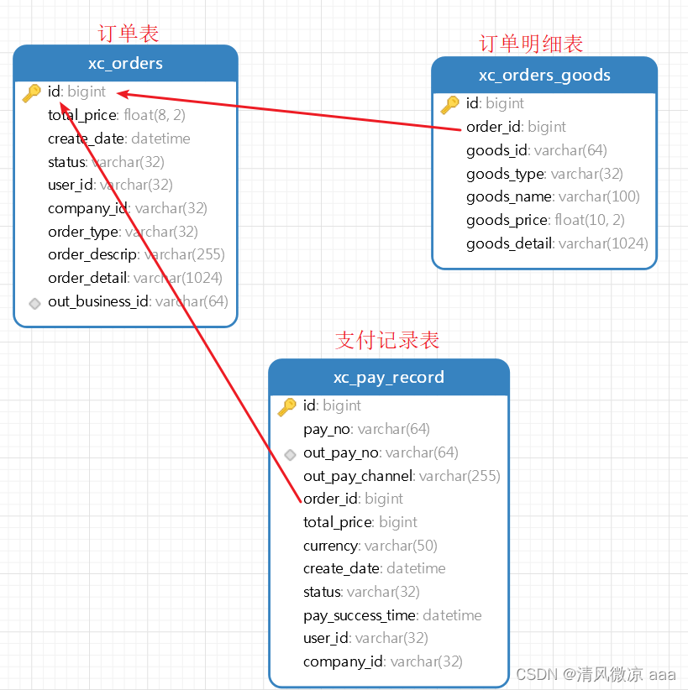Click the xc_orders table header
(x=125, y=63)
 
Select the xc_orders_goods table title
(x=544, y=75)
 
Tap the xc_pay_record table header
(x=388, y=377)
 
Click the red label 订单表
(x=129, y=33)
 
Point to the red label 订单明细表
(x=531, y=43)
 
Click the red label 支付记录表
(x=387, y=340)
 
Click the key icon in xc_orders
(x=32, y=92)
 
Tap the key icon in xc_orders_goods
(x=450, y=104)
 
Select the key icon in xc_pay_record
(x=287, y=406)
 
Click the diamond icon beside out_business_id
(x=34, y=302)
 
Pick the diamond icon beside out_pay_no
(x=290, y=454)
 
